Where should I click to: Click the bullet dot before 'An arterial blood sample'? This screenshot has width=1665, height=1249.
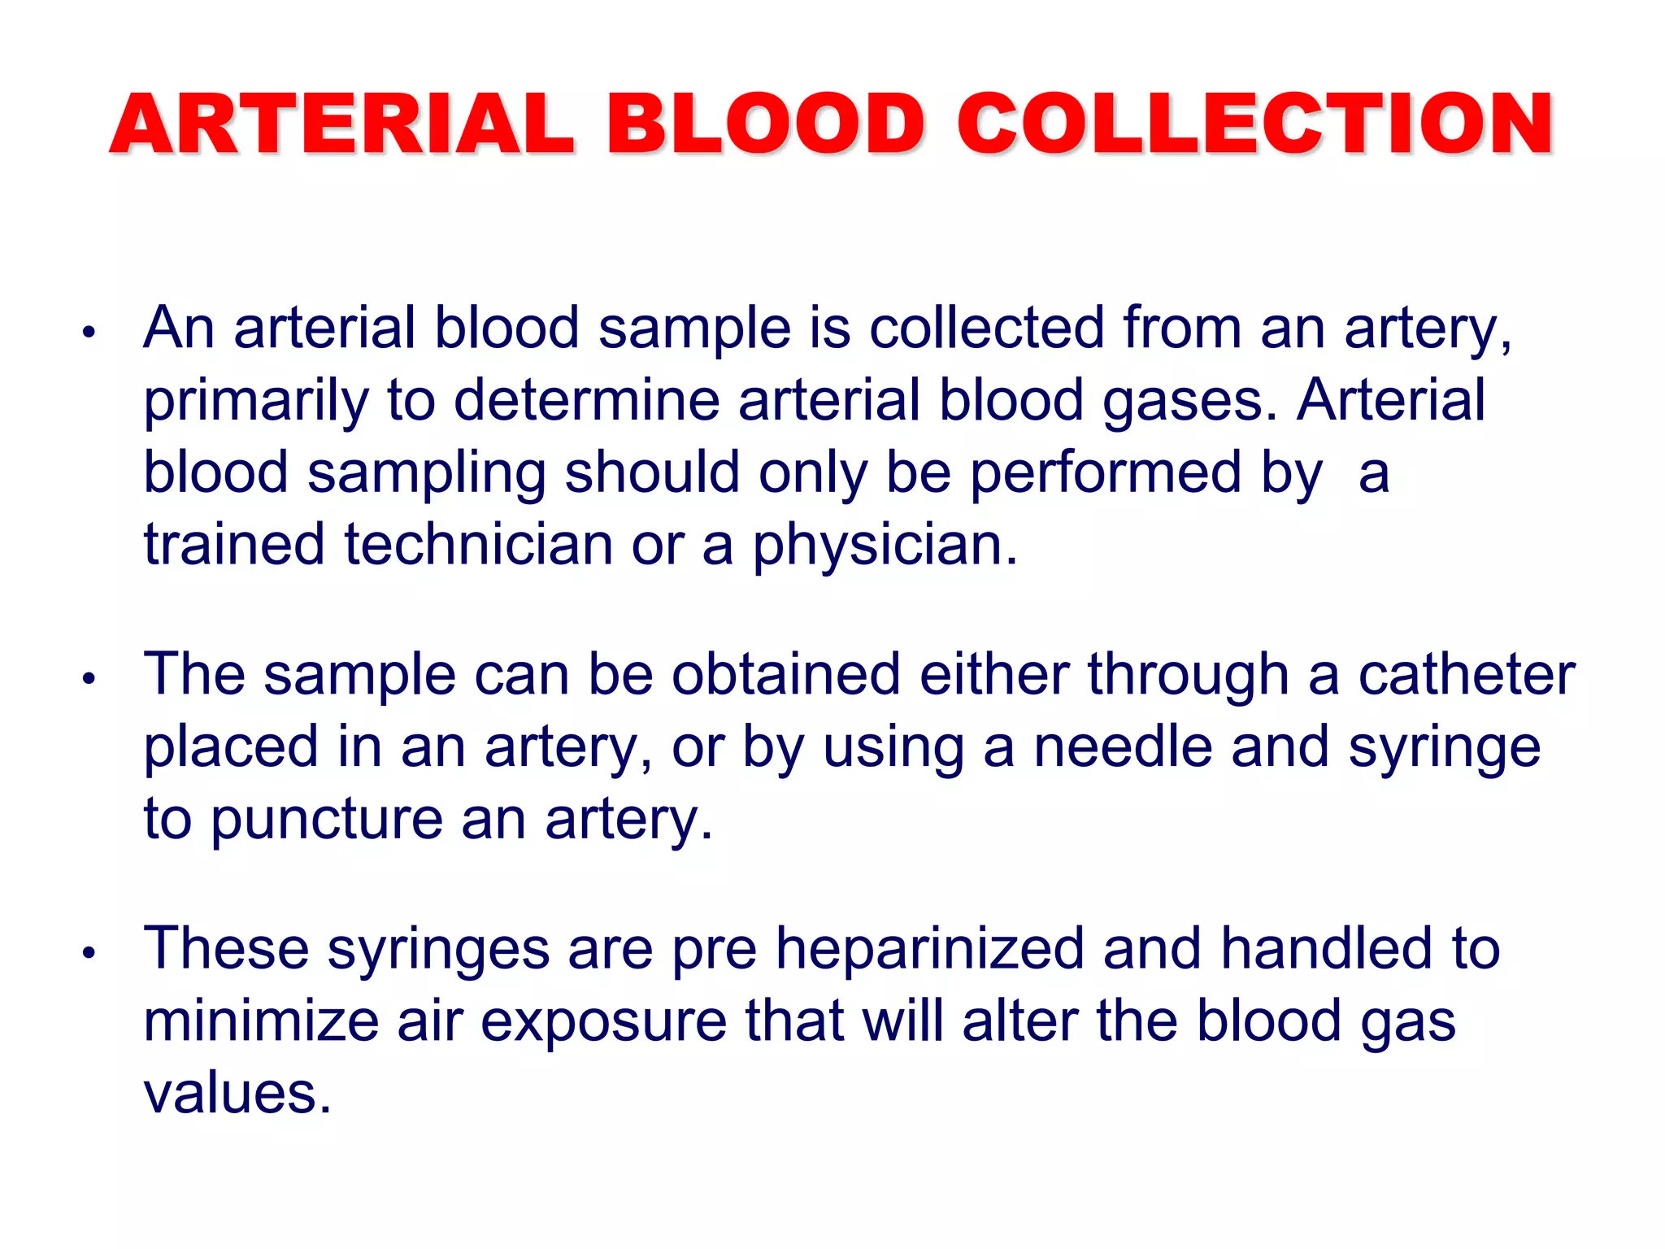[x=89, y=332]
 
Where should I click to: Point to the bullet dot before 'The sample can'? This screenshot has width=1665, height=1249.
[x=89, y=678]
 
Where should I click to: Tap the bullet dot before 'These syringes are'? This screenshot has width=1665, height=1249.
[x=89, y=952]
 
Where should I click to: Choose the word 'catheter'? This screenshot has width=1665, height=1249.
[x=1466, y=675]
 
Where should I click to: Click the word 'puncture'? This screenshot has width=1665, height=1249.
[x=327, y=820]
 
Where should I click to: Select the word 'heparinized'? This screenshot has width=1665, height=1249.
[x=929, y=950]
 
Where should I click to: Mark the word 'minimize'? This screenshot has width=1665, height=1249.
[x=261, y=1021]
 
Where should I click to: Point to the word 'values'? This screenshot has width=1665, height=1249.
[x=237, y=1094]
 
